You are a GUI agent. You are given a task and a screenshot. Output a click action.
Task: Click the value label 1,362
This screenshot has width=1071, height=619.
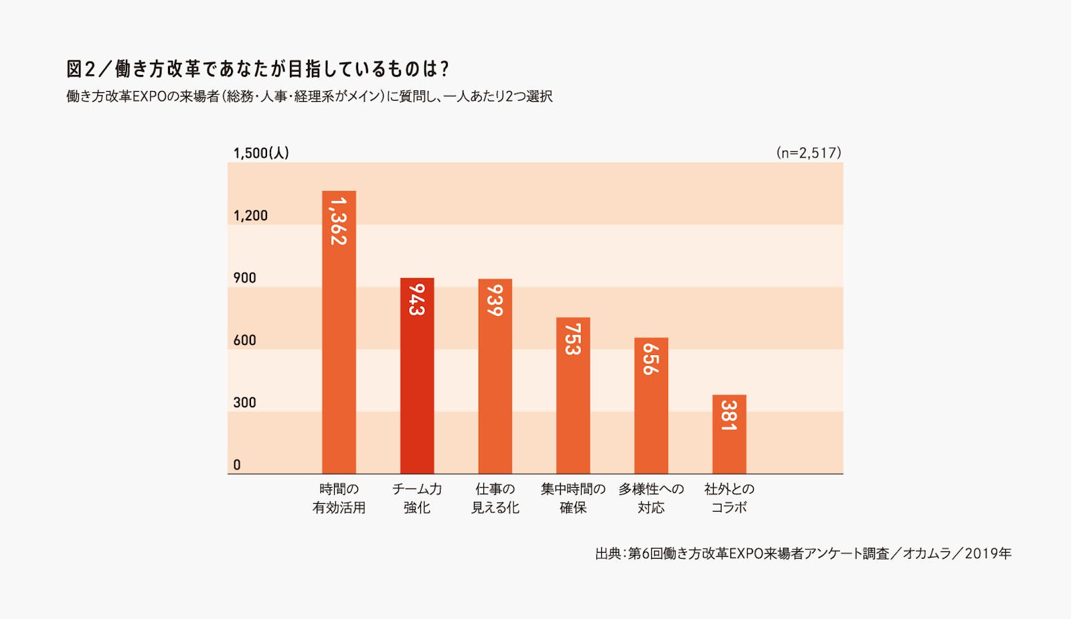(x=339, y=221)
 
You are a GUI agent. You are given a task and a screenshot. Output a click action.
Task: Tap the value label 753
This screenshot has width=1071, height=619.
(x=573, y=339)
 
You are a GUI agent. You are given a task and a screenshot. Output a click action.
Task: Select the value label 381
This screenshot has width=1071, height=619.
(x=729, y=415)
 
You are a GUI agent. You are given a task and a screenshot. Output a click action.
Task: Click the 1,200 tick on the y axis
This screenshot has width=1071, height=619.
(x=250, y=216)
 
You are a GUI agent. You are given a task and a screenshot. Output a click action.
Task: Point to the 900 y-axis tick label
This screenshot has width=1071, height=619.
(x=244, y=278)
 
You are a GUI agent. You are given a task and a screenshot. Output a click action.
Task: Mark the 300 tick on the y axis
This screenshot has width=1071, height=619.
(x=244, y=403)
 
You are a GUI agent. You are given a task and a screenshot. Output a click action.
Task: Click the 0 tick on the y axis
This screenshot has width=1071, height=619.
(x=237, y=465)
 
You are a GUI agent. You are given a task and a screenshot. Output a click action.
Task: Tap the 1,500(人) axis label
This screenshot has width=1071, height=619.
(x=261, y=153)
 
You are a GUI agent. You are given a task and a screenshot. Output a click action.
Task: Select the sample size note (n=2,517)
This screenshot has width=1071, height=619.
(x=809, y=153)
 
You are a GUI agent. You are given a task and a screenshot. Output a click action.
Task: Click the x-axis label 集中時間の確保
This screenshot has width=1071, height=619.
(x=573, y=498)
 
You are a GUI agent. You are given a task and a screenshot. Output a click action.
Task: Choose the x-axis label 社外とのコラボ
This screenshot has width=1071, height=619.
(x=729, y=498)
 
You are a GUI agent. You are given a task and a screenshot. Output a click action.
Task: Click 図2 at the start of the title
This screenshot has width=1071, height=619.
(x=81, y=69)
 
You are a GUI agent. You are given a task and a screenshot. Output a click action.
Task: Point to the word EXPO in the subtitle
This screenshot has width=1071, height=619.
(x=149, y=96)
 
